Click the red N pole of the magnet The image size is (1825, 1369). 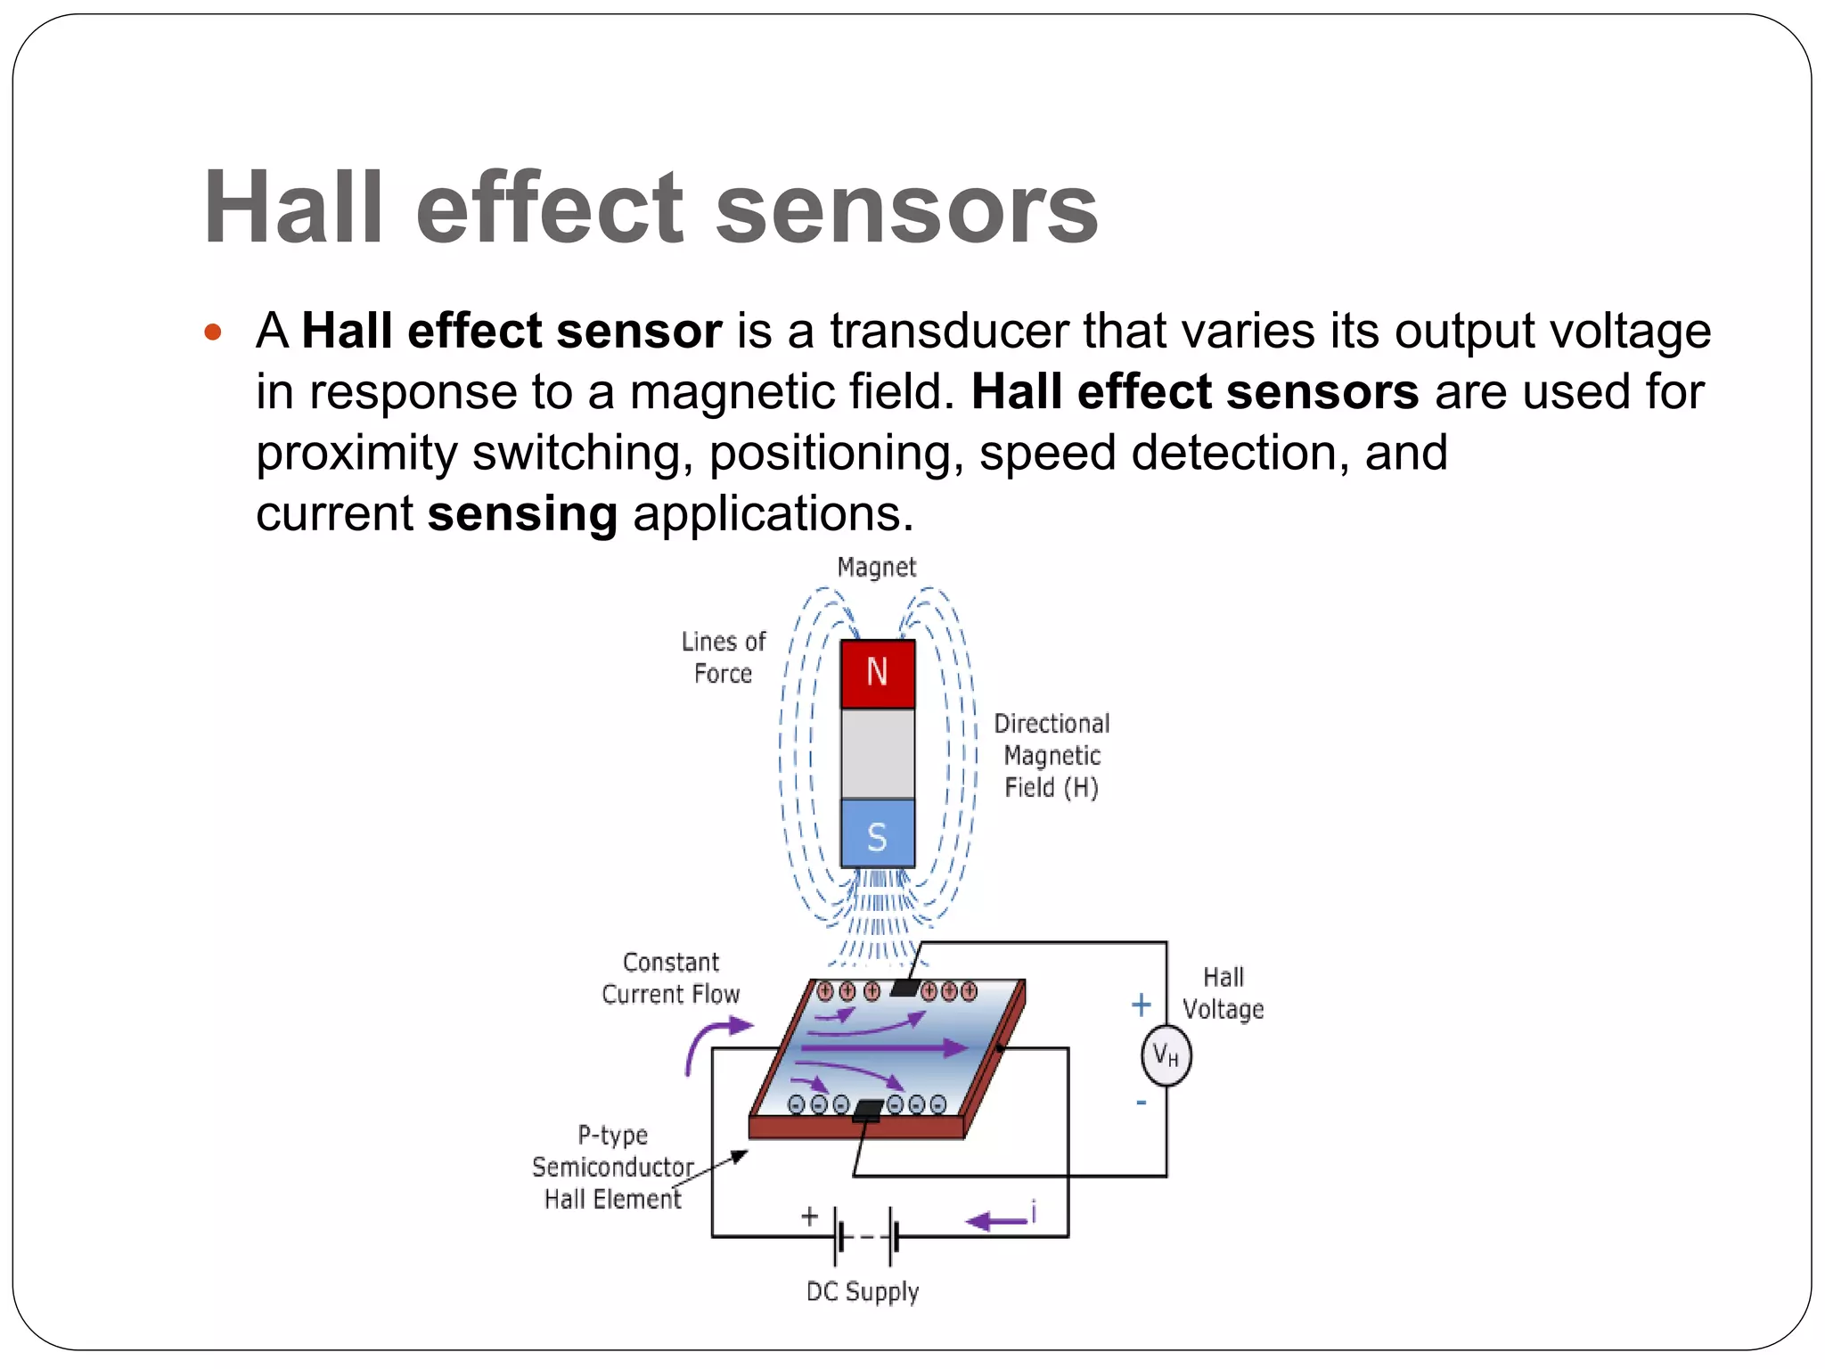point(878,673)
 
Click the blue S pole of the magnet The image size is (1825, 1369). point(878,834)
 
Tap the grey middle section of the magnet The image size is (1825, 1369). point(878,753)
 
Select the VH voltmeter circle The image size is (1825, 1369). point(1166,1056)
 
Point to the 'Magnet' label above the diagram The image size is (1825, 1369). point(877,568)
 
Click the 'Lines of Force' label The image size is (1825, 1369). point(724,658)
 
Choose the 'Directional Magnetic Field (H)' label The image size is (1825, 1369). point(1052,756)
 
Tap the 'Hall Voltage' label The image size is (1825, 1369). point(1223,994)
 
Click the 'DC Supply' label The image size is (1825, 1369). point(863,1292)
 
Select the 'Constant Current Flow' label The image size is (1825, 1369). point(671,979)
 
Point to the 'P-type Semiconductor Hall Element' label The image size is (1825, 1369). point(613,1168)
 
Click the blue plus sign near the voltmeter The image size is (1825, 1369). point(1142,1005)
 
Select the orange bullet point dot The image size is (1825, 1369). point(212,333)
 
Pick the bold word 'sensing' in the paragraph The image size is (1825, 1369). point(522,514)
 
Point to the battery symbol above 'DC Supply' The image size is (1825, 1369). point(865,1237)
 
